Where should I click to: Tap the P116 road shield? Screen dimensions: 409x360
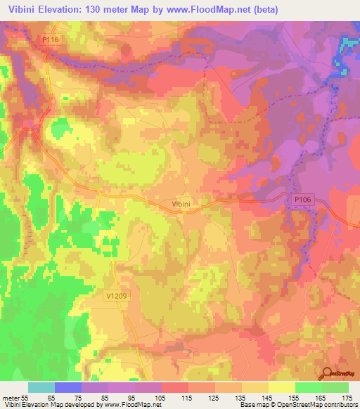(50, 41)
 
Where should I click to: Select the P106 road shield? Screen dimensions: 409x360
(302, 201)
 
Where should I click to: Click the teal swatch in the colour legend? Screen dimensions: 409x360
(41, 387)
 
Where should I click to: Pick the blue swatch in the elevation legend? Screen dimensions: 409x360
(67, 387)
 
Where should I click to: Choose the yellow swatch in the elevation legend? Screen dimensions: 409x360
(281, 387)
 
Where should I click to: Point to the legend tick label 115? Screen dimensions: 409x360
(187, 397)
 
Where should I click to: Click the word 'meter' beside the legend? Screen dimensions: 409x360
(10, 397)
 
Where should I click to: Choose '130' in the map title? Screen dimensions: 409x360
(103, 10)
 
